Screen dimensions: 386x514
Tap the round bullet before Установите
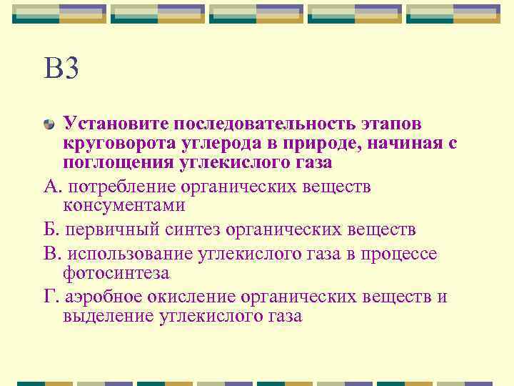pos(49,124)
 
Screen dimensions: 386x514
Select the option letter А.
pos(49,186)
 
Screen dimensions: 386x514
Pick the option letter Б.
pos(49,230)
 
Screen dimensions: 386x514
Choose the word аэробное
pos(106,297)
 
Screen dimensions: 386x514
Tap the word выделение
pos(108,316)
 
